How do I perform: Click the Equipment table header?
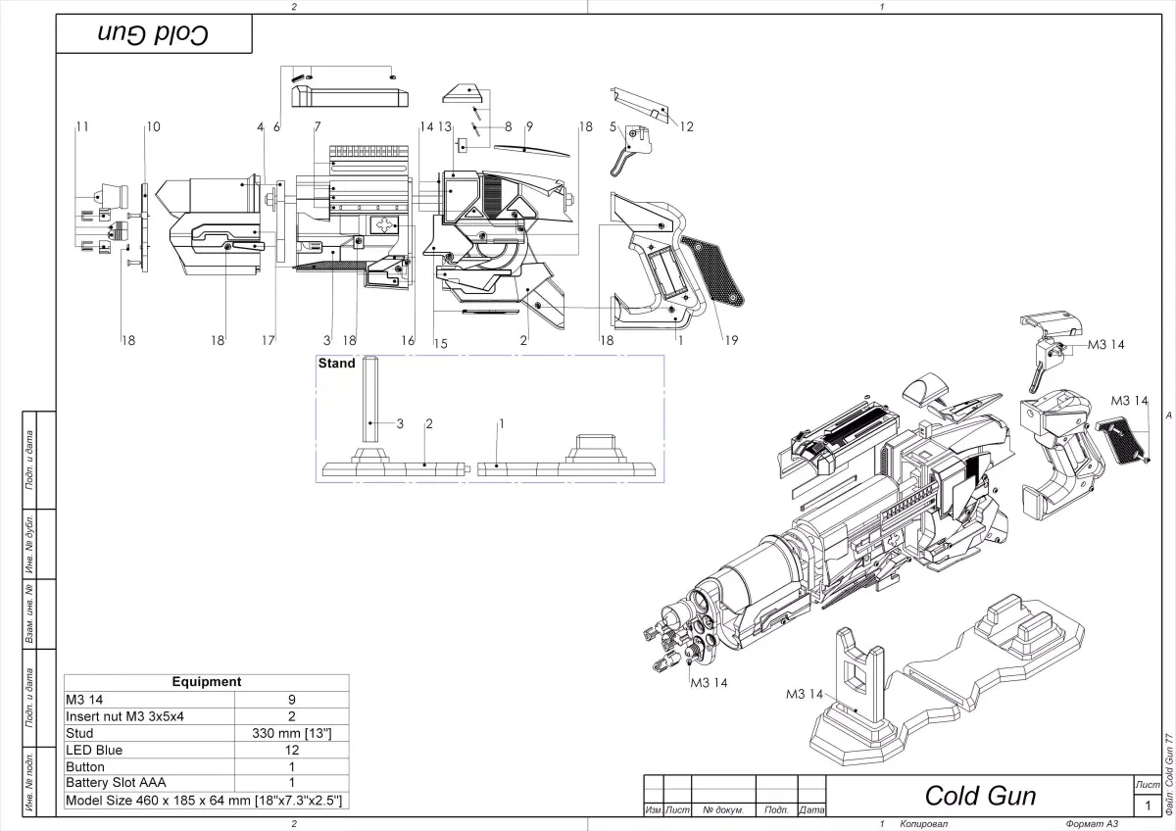206,682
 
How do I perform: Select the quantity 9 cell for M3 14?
291,700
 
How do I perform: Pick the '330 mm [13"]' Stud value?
291,733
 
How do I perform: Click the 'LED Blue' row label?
94,750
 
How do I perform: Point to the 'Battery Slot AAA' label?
116,783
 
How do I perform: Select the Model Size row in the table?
204,801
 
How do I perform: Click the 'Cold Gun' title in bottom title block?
980,795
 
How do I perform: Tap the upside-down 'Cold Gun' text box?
154,34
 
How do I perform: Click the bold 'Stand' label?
337,364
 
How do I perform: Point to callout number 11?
82,126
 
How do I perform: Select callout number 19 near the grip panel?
731,340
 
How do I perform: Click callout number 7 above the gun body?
318,126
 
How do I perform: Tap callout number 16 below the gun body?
408,340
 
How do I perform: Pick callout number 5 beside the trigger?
612,126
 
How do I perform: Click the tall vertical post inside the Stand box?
371,402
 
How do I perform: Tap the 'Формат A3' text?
1091,824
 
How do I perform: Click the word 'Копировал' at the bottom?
924,824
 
